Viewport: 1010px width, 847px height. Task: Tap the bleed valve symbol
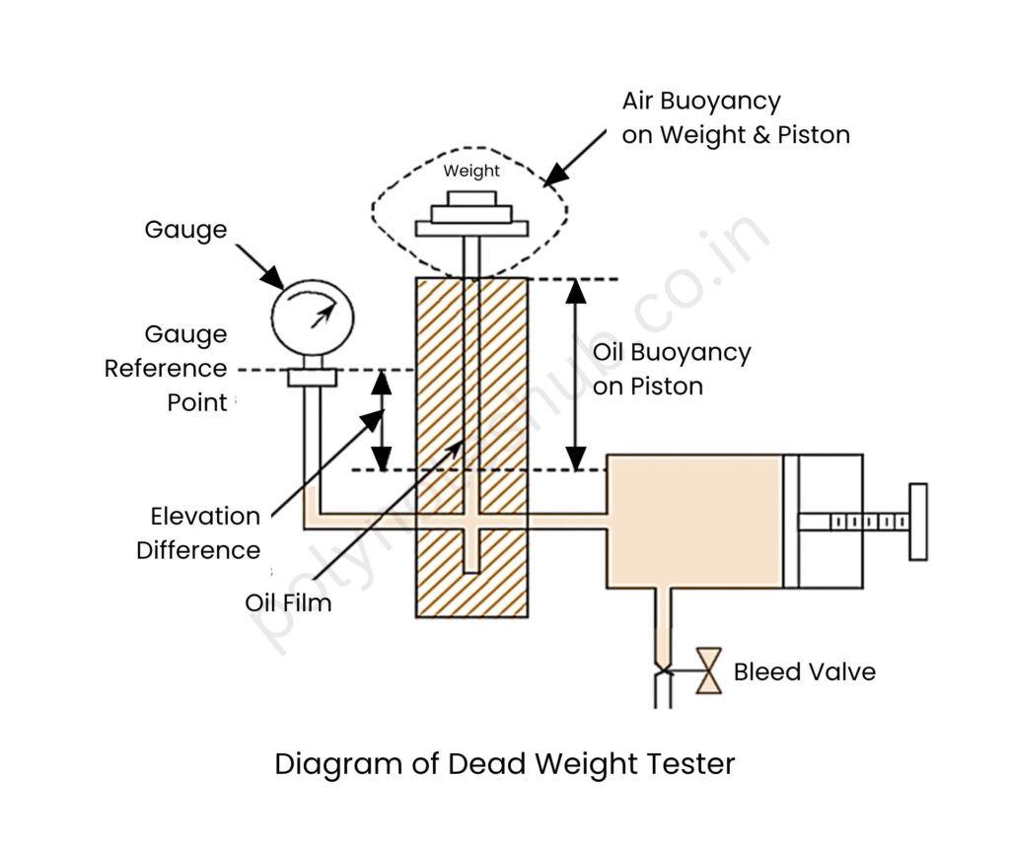[x=707, y=671]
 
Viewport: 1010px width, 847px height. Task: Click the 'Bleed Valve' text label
[x=804, y=672]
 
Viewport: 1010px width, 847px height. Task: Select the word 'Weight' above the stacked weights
[x=470, y=171]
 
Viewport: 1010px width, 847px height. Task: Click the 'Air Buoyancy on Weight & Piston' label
[x=735, y=117]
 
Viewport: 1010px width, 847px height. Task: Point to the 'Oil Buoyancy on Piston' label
[x=671, y=369]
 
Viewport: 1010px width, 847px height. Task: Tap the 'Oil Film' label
[x=288, y=602]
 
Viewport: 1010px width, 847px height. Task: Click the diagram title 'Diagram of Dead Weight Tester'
[x=504, y=764]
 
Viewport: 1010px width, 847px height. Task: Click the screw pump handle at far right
[x=917, y=522]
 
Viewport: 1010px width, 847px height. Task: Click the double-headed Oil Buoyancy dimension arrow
[x=576, y=374]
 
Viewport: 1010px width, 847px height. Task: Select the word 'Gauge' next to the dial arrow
[x=185, y=230]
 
